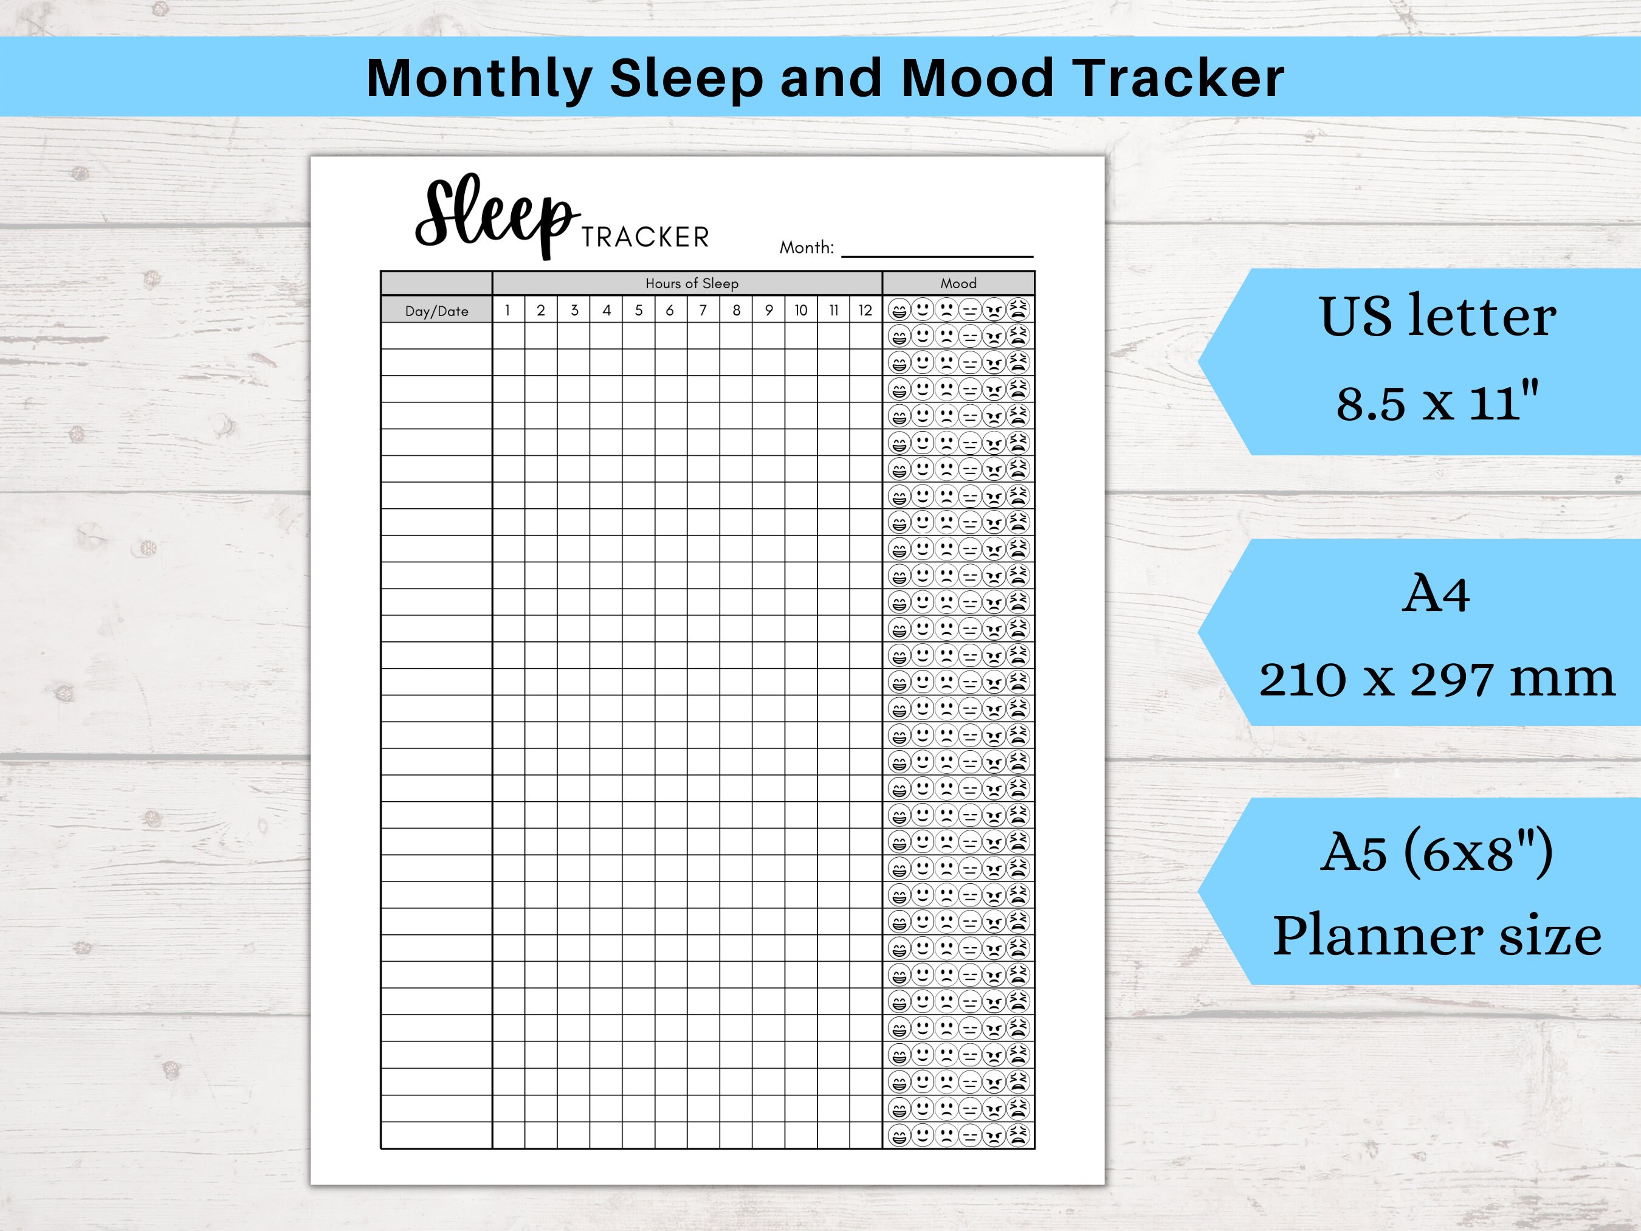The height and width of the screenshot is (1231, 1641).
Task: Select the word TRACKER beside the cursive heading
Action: [645, 238]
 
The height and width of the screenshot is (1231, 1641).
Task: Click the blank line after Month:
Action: [937, 249]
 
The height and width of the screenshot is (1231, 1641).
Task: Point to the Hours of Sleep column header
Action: [692, 283]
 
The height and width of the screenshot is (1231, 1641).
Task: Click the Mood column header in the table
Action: [958, 283]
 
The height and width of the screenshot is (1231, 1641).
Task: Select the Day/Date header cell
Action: [436, 311]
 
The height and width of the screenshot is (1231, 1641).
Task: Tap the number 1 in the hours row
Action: [507, 310]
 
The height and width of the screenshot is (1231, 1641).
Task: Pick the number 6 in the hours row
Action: [670, 310]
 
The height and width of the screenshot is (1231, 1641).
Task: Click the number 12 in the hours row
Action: [865, 310]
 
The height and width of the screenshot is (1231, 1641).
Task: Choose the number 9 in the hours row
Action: [769, 310]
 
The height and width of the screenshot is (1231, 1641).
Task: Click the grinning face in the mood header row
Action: [898, 309]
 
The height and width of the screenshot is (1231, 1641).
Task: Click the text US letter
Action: [1437, 317]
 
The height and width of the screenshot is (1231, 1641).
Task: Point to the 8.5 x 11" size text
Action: [1437, 403]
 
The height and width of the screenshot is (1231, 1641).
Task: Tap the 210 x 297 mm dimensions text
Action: [1436, 679]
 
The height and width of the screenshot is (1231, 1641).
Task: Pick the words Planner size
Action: [1437, 936]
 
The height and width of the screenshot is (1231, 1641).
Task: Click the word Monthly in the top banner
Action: [478, 78]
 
